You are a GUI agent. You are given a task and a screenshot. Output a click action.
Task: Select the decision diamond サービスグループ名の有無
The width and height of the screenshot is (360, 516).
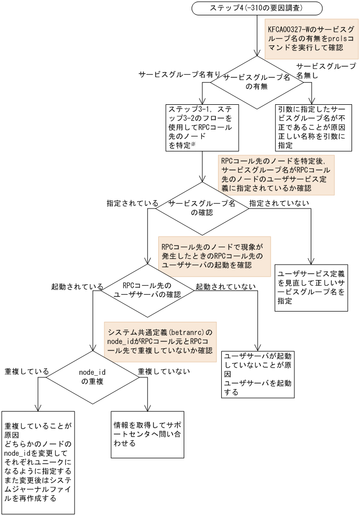coord(257,82)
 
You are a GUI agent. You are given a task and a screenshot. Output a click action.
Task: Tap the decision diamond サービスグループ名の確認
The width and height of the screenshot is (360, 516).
coord(202,208)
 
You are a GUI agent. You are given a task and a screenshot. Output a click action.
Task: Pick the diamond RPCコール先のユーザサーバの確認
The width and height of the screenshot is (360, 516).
coord(148,289)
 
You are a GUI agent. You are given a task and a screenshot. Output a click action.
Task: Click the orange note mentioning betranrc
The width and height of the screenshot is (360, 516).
coord(160,341)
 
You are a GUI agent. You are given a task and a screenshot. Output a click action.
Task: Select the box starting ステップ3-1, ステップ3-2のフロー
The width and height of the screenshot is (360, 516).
coord(202,127)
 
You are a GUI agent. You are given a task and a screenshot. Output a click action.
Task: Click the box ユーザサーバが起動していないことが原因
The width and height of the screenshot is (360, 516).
coord(258,374)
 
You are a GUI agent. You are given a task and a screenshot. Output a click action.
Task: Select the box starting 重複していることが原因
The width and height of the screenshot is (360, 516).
coord(38,461)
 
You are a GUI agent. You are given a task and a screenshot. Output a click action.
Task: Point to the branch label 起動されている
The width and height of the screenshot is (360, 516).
coord(77,286)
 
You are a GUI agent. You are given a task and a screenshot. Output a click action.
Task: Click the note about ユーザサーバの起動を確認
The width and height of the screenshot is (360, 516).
coord(214,256)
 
